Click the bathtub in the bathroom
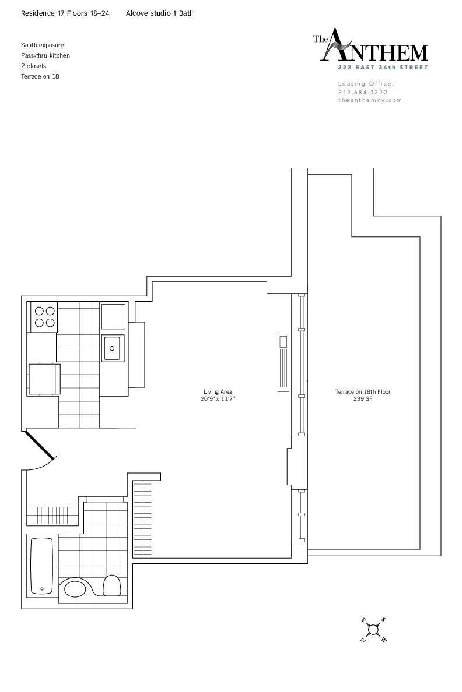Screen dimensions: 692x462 (x=41, y=565)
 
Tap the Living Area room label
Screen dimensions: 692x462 (x=218, y=392)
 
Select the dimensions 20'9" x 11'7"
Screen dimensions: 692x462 (x=218, y=399)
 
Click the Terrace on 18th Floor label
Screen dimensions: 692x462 (x=362, y=392)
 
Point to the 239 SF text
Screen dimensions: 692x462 (x=362, y=399)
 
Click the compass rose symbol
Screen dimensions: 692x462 (x=373, y=629)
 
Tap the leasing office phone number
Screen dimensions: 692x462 (x=363, y=92)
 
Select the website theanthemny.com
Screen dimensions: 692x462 (x=370, y=100)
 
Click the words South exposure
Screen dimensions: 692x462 (x=43, y=45)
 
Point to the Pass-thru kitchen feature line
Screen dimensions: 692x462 (x=45, y=55)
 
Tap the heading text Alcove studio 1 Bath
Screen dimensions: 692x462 (x=159, y=13)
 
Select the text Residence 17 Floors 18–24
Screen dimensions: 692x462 (x=65, y=13)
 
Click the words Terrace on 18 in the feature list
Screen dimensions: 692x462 (x=40, y=76)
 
